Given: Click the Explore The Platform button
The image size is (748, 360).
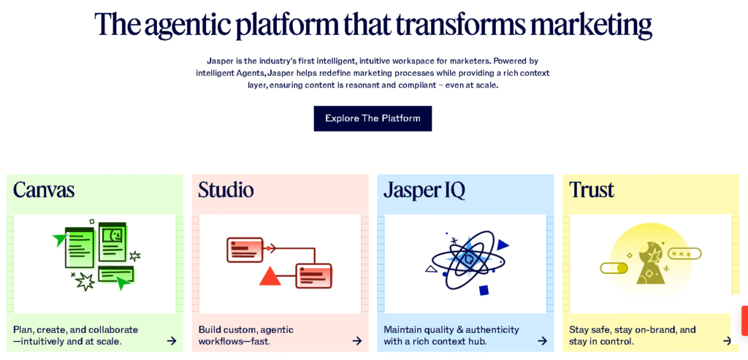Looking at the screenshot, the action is click(373, 118).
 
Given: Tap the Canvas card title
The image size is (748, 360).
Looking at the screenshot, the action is click(44, 190).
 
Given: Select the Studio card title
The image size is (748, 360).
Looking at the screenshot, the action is click(226, 190).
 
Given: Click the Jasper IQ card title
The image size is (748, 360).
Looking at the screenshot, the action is click(424, 191).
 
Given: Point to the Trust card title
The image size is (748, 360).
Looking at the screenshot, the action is click(592, 190).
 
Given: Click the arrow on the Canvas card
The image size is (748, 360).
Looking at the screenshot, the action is click(172, 340).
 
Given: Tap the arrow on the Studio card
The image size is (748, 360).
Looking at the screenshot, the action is click(356, 340).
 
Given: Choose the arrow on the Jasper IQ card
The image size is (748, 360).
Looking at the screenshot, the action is click(542, 340).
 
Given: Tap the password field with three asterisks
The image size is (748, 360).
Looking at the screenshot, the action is click(684, 253).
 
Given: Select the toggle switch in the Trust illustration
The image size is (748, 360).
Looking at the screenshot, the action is click(614, 269).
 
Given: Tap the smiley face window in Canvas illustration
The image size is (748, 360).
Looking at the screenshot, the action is click(112, 242).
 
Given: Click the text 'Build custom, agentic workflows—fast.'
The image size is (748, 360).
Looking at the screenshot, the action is click(246, 335).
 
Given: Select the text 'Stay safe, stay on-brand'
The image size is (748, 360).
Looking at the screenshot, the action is click(622, 329).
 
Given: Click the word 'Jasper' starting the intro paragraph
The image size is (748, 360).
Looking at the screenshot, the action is click(218, 61).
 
